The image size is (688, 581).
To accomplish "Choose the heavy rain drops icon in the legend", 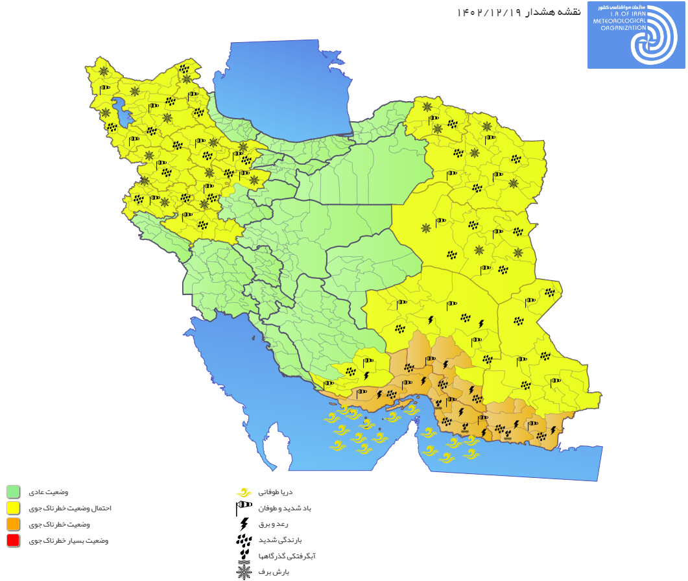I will coord(244,539).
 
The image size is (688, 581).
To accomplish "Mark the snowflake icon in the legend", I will coord(244,572).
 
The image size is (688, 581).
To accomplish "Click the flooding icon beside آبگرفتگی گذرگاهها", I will coord(244,556).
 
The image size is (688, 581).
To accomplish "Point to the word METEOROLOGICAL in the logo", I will coord(619,21).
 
